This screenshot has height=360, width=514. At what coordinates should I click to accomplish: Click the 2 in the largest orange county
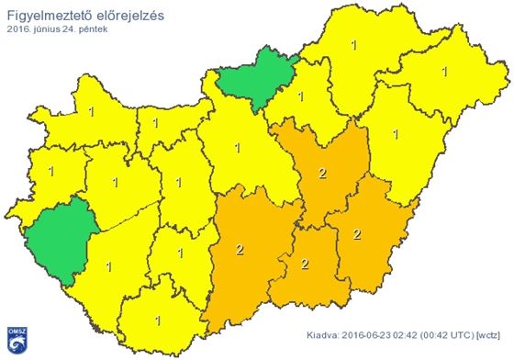240,250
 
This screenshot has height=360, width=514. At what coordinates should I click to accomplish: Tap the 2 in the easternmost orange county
357,235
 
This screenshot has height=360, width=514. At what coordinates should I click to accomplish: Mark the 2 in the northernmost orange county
320,173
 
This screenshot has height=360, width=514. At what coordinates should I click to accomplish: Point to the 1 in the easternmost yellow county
445,71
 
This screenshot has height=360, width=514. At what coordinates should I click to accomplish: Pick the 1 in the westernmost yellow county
51,172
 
